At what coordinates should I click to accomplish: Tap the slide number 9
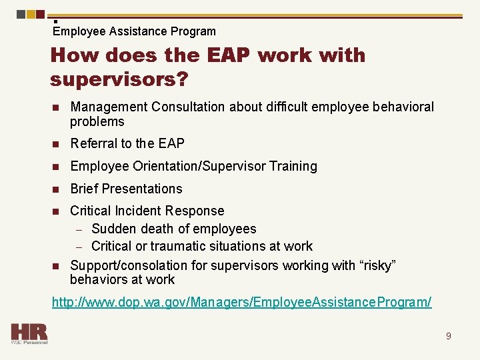point(448,336)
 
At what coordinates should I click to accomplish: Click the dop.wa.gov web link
point(241,302)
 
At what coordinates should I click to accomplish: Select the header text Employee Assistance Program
point(134,31)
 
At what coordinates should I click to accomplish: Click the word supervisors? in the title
point(119,79)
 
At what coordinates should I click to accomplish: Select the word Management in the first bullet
point(106,107)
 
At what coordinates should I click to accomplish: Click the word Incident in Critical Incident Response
point(142,211)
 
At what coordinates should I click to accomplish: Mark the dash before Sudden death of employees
point(79,229)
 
